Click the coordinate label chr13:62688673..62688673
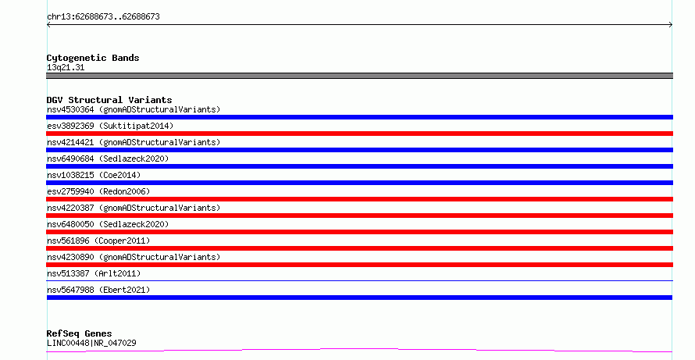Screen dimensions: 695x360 103,17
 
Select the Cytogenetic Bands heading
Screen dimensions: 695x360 93,58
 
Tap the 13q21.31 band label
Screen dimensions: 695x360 66,67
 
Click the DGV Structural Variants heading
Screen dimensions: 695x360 109,100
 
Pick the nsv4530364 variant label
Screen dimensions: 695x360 134,109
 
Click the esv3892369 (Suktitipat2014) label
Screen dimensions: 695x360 110,126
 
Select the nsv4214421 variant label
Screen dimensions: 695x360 134,142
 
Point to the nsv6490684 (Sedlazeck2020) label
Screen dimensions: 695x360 108,159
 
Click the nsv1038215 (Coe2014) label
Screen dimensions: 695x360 94,175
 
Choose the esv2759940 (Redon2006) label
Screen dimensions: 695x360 98,191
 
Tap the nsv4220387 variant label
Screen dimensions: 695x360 134,208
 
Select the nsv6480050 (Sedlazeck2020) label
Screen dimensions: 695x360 108,224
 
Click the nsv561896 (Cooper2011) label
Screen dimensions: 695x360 98,241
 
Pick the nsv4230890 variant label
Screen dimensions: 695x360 134,257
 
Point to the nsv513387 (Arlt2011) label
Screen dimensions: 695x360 94,273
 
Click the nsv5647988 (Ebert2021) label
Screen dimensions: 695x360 98,290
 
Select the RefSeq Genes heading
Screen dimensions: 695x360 79,333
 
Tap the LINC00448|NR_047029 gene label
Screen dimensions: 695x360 91,343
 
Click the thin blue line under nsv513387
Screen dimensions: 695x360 359,280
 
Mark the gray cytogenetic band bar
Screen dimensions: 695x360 359,76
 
